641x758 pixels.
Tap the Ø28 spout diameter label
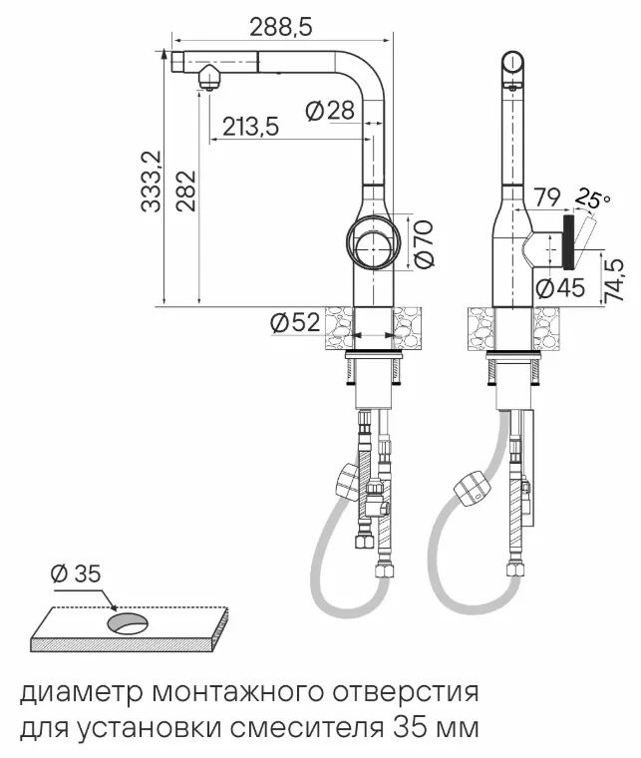click(330, 112)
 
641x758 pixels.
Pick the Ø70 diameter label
click(424, 243)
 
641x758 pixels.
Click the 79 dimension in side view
click(547, 197)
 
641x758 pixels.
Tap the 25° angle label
click(594, 198)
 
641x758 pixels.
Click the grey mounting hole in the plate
click(128, 623)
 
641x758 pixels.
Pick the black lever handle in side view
click(568, 244)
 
